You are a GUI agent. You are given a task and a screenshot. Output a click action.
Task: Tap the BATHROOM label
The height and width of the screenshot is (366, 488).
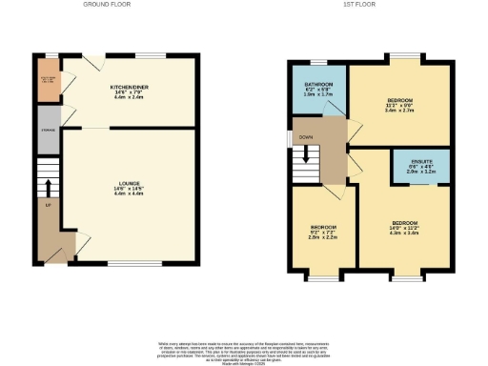coord(317,84)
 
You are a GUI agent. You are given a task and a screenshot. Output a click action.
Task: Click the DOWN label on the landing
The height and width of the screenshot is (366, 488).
coord(306,137)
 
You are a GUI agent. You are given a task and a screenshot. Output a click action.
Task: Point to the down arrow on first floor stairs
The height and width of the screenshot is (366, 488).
coord(306,153)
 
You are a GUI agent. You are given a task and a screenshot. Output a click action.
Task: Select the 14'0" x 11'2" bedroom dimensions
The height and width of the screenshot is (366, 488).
coord(404,229)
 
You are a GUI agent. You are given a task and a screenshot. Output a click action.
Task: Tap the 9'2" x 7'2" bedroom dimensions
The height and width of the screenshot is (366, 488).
coord(322,234)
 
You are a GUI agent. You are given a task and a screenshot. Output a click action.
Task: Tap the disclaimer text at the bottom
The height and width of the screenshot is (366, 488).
coord(244,350)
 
